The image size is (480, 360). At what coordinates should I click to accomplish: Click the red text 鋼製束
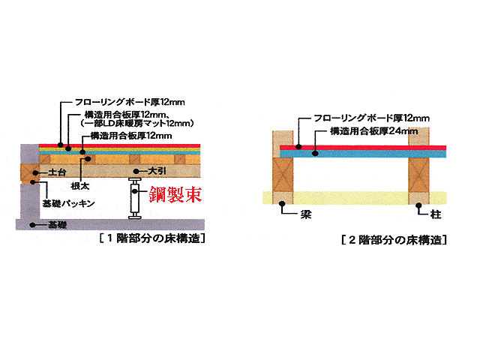click(175, 194)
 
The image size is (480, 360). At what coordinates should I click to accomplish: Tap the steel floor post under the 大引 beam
click(135, 198)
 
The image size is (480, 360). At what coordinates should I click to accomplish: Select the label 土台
click(57, 172)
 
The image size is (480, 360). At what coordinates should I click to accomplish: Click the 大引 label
click(157, 171)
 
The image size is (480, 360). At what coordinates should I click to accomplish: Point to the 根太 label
click(80, 186)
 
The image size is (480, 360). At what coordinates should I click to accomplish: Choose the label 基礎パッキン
click(68, 203)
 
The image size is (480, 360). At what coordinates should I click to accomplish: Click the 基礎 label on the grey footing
click(57, 225)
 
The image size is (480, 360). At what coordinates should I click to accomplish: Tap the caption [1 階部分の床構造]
click(152, 238)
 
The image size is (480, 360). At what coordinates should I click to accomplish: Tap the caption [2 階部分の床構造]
click(394, 240)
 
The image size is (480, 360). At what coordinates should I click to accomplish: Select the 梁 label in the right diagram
click(306, 214)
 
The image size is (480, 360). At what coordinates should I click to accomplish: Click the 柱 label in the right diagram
click(436, 214)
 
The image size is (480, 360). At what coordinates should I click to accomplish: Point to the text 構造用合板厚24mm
click(373, 131)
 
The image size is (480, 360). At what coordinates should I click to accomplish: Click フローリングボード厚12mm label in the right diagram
click(372, 118)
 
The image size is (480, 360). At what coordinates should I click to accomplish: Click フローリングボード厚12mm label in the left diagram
click(130, 102)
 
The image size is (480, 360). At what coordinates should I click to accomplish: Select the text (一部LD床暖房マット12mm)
click(137, 123)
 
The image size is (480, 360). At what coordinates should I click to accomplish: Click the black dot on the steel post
click(135, 191)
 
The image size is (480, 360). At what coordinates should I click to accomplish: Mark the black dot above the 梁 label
click(282, 203)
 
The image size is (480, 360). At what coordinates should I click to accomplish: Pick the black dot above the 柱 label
click(418, 205)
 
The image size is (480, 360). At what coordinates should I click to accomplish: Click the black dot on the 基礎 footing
click(33, 225)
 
